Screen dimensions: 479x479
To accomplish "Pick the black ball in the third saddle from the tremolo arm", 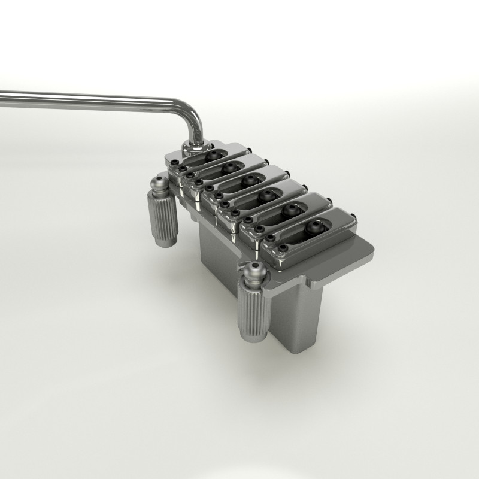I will [247, 180].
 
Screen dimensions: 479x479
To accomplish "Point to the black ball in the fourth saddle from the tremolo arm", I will [267, 195].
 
